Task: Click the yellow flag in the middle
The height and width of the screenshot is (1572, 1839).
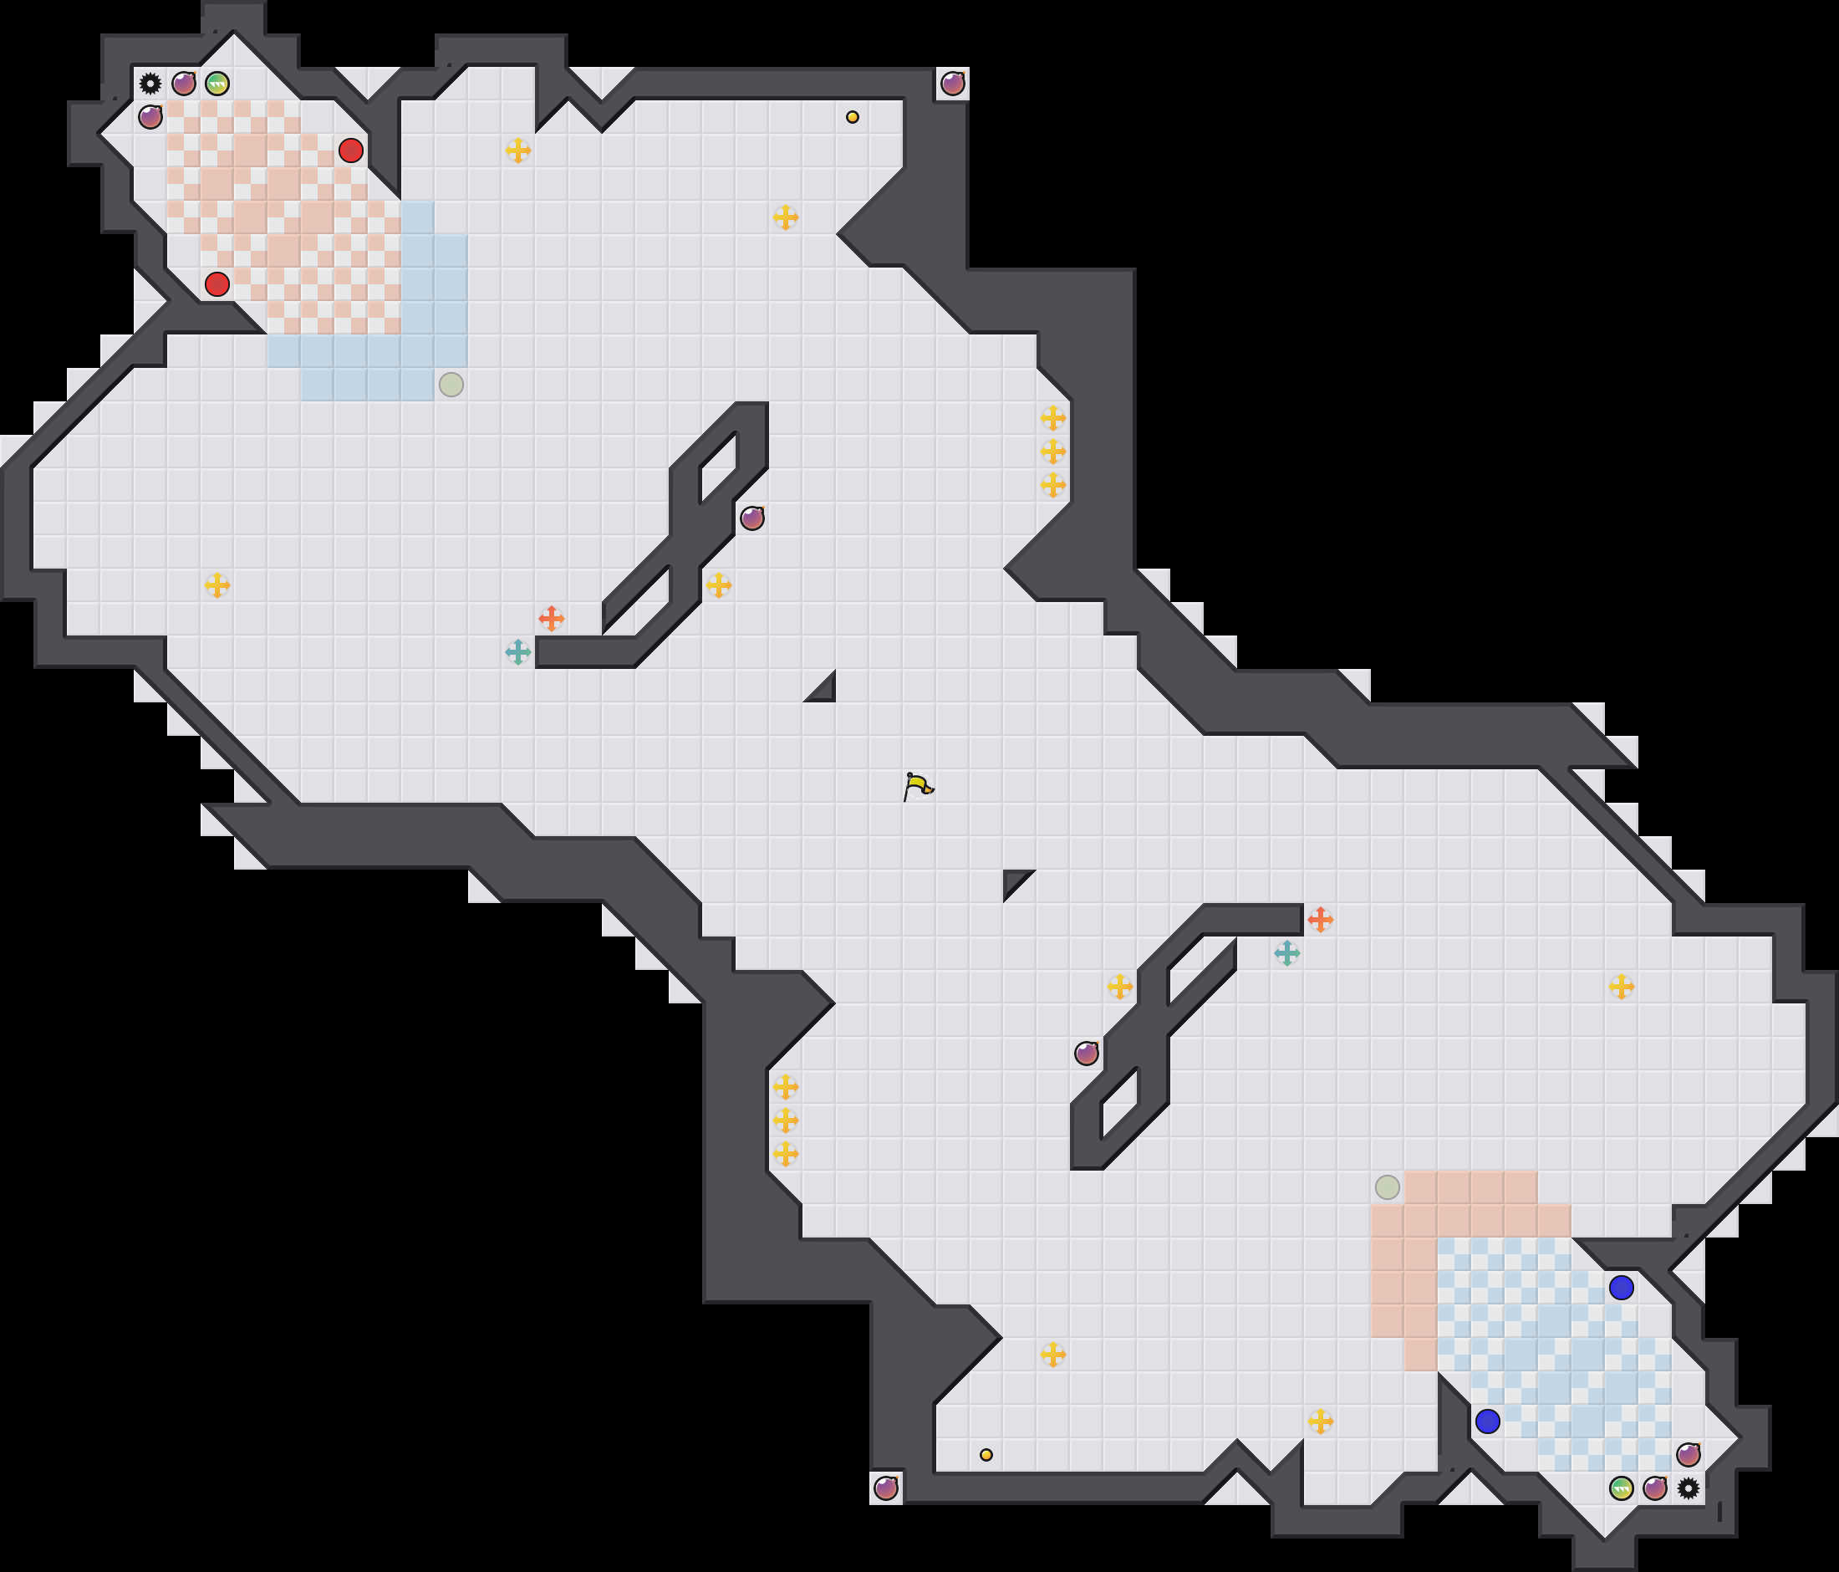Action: pos(918,785)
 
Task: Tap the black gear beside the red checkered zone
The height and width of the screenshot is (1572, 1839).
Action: pos(150,84)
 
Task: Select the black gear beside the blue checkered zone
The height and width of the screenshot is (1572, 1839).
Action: pos(1688,1488)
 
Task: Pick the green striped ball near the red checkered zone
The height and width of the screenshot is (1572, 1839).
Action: pos(217,84)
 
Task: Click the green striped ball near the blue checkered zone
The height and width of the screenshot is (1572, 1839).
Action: pos(1622,1488)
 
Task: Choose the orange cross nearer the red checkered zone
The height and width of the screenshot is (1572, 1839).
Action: pos(551,619)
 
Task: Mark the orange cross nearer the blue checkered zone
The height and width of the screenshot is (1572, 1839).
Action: pos(1321,920)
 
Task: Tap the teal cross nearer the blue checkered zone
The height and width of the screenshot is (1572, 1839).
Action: pos(1287,953)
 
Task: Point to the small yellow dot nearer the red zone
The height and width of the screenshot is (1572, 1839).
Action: pos(852,117)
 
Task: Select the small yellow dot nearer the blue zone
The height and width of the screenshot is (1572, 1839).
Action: pos(986,1455)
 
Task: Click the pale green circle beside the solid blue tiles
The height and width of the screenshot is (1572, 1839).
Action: pos(451,385)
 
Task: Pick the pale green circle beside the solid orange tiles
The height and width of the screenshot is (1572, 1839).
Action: pos(1388,1187)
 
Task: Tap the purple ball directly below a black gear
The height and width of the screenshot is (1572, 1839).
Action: pos(150,117)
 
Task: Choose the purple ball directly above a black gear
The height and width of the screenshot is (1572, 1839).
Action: pos(1688,1455)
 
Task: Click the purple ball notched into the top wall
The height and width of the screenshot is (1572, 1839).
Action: pos(952,84)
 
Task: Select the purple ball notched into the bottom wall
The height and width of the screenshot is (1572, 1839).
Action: pos(886,1488)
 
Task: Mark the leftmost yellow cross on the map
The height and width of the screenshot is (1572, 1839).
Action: pos(217,585)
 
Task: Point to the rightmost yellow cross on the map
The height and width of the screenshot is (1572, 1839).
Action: pos(1622,986)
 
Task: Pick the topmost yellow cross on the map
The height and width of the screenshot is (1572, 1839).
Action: pos(518,150)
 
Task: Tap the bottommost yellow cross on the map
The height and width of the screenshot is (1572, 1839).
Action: pos(1321,1421)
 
